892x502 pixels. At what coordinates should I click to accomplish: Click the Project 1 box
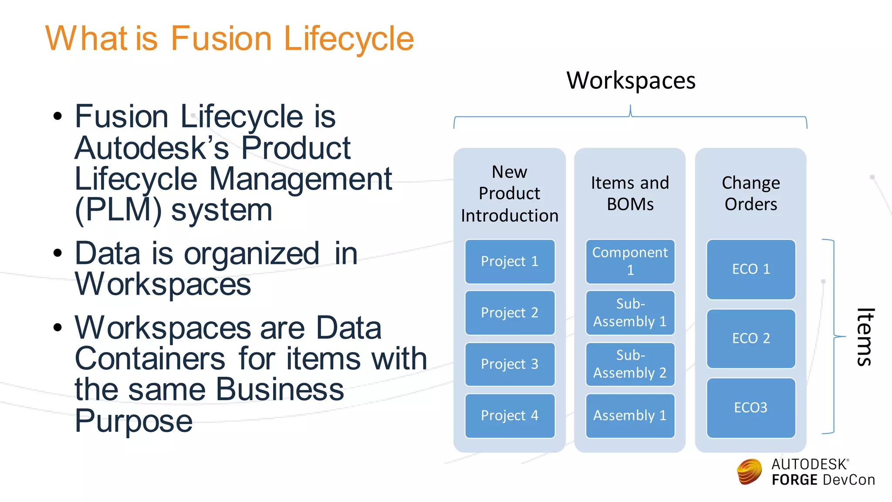(x=510, y=261)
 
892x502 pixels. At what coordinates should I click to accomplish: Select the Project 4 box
(x=510, y=416)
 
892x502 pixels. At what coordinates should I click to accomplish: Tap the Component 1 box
(x=630, y=261)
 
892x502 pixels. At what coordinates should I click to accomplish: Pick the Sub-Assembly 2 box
(x=630, y=364)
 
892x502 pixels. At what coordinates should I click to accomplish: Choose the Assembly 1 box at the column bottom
(x=630, y=416)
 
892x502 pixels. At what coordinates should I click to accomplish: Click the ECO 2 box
(x=751, y=339)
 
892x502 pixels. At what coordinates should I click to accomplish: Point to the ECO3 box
(x=751, y=408)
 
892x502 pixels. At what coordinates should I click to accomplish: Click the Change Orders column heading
(x=751, y=193)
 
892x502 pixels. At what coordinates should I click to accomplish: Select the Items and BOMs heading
(x=630, y=193)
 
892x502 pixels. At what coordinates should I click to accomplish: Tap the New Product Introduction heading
(x=510, y=193)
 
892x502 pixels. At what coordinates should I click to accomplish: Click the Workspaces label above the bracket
(x=631, y=81)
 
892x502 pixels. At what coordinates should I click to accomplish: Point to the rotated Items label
(x=865, y=337)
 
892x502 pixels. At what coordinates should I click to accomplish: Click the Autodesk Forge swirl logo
(x=749, y=471)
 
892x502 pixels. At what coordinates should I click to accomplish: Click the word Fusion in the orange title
(x=221, y=39)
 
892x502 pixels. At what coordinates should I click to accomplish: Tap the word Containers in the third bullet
(x=150, y=359)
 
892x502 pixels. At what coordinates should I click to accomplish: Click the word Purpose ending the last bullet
(x=133, y=421)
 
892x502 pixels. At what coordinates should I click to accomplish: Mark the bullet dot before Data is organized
(x=57, y=253)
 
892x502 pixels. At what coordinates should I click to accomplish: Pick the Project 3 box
(x=510, y=364)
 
